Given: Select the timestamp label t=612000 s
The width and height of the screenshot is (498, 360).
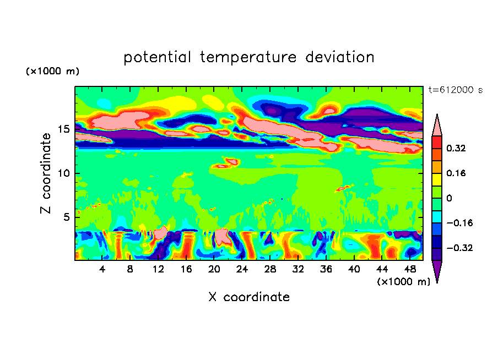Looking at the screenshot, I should click(x=455, y=90).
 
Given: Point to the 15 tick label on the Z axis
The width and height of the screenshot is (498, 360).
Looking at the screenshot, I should click(x=64, y=129).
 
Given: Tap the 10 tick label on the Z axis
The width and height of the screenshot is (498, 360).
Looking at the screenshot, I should click(x=64, y=173).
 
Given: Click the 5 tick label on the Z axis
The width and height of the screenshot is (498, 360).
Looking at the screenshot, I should click(x=68, y=217).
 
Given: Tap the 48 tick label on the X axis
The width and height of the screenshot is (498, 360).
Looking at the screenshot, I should click(x=409, y=269).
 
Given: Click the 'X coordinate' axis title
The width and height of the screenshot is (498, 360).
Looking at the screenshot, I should click(x=249, y=297).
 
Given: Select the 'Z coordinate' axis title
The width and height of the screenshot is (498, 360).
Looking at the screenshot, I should click(x=46, y=173).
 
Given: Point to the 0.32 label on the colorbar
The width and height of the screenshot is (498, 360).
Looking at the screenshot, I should click(x=456, y=148).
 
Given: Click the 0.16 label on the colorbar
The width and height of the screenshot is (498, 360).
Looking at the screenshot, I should click(x=456, y=173).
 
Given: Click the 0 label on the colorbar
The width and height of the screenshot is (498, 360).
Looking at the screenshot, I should click(x=449, y=198).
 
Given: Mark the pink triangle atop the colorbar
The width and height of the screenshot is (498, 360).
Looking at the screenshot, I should click(x=437, y=125).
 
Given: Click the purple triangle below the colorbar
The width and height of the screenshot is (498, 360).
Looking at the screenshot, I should click(x=437, y=271).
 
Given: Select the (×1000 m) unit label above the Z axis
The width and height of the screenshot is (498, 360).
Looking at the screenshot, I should click(x=52, y=72).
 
